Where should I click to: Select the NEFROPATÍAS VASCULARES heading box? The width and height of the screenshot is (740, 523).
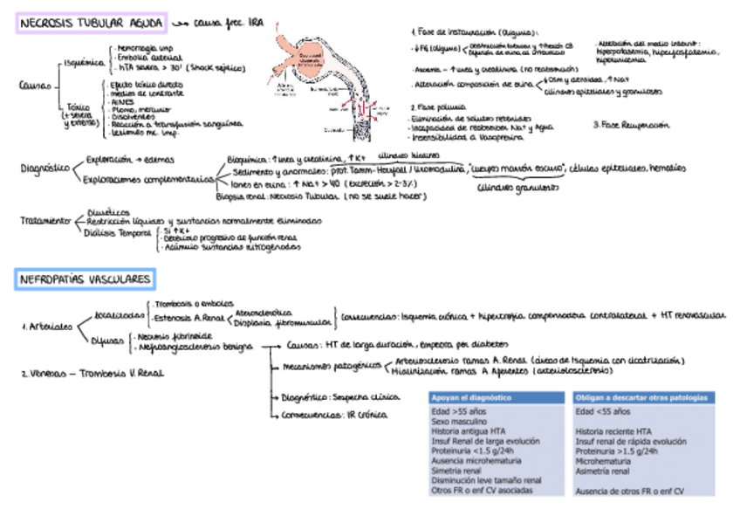pyautogui.click(x=86, y=279)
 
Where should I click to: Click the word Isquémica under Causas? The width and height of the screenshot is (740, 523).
pyautogui.click(x=84, y=63)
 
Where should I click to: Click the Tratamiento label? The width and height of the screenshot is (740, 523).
pyautogui.click(x=45, y=221)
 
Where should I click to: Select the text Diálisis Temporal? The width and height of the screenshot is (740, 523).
pyautogui.click(x=117, y=232)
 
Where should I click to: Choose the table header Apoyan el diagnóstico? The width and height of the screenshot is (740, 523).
pyautogui.click(x=472, y=398)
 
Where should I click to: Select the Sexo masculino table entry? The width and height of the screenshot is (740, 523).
pyautogui.click(x=459, y=421)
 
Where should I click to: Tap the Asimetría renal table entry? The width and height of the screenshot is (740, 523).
pyautogui.click(x=602, y=471)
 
